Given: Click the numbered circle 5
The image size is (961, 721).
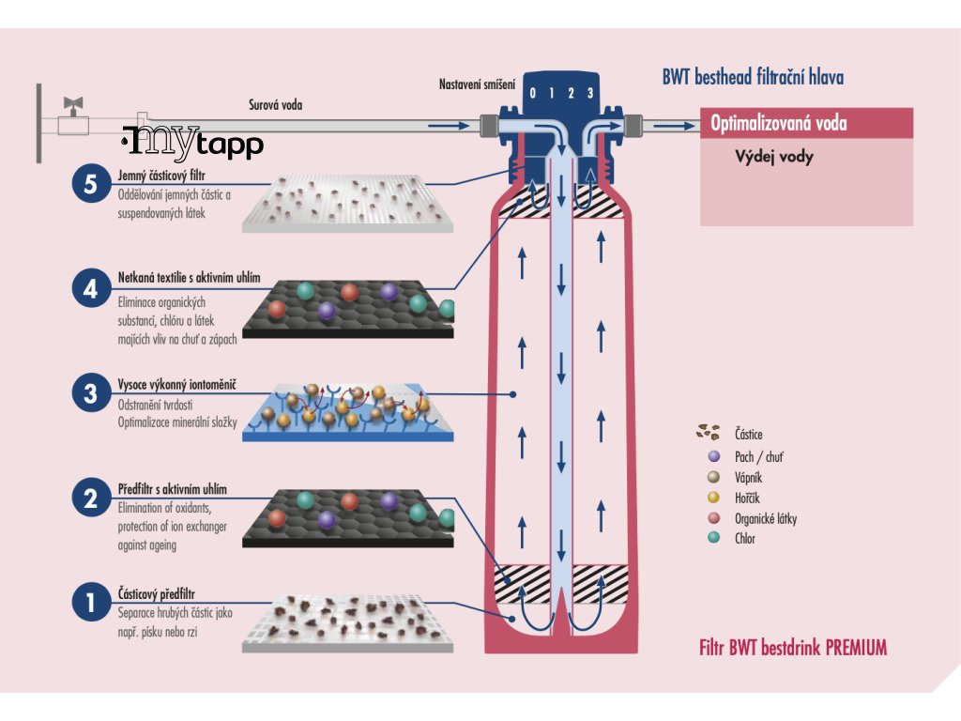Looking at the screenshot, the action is pyautogui.click(x=91, y=183).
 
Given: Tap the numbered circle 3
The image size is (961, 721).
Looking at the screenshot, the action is pyautogui.click(x=91, y=393).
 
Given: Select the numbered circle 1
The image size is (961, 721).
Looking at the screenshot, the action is pyautogui.click(x=91, y=602).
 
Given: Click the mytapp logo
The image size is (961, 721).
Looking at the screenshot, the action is pyautogui.click(x=192, y=144).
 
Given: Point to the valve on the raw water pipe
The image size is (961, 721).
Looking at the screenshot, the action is pyautogui.click(x=73, y=116).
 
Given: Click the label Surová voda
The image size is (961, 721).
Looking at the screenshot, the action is pyautogui.click(x=275, y=105).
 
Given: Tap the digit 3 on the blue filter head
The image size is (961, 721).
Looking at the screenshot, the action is pyautogui.click(x=590, y=93).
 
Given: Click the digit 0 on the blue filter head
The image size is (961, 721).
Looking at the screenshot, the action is pyautogui.click(x=533, y=93).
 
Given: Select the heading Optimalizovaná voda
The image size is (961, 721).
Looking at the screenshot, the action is pyautogui.click(x=778, y=123).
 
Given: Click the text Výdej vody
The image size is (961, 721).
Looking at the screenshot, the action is pyautogui.click(x=774, y=157).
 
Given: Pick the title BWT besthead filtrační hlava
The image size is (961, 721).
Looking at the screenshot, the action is pyautogui.click(x=753, y=77).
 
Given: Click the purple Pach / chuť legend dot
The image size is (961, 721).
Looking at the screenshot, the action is pyautogui.click(x=714, y=457).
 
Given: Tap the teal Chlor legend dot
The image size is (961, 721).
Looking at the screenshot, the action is pyautogui.click(x=714, y=538).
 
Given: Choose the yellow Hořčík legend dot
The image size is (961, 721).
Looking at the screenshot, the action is pyautogui.click(x=714, y=498).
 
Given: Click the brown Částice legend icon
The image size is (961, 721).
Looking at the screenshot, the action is pyautogui.click(x=708, y=432).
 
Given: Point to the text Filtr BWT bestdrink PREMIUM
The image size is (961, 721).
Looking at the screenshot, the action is pyautogui.click(x=793, y=648).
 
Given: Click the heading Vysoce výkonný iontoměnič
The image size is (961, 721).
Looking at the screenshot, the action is pyautogui.click(x=177, y=385).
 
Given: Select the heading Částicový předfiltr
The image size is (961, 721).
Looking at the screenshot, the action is pyautogui.click(x=157, y=593).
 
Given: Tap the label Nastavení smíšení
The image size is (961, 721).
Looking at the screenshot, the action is pyautogui.click(x=477, y=84).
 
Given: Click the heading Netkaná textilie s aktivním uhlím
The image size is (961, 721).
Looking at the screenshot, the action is pyautogui.click(x=190, y=278).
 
